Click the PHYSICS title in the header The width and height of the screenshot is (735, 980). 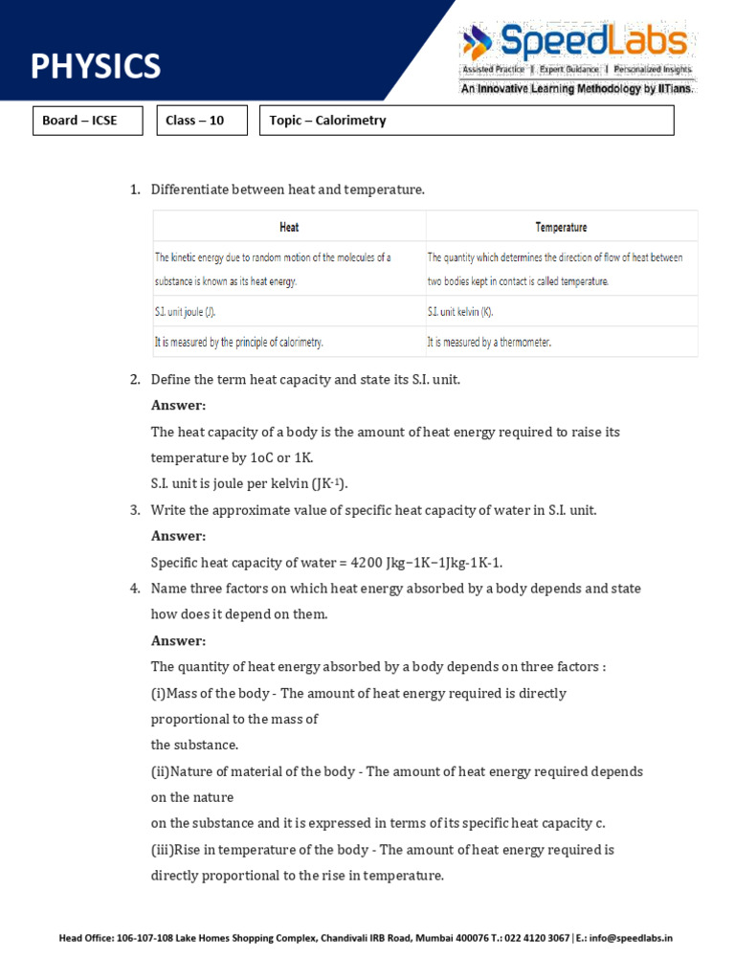click(x=96, y=66)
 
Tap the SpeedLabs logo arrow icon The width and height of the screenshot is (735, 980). click(x=476, y=43)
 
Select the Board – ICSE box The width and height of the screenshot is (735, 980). click(x=87, y=121)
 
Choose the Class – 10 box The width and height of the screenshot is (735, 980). click(x=201, y=121)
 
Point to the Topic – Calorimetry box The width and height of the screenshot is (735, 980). click(x=466, y=121)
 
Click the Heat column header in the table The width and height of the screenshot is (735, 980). click(x=289, y=227)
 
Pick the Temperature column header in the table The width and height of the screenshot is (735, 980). click(x=561, y=227)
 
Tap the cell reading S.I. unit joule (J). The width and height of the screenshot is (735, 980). click(x=192, y=312)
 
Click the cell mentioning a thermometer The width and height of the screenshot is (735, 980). click(x=489, y=342)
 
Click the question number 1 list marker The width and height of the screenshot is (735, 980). click(x=135, y=189)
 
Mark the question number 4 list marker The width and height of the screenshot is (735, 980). click(x=135, y=589)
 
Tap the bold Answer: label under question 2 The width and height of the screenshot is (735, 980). click(x=179, y=406)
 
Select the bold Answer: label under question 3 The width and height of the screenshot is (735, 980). click(x=179, y=536)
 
